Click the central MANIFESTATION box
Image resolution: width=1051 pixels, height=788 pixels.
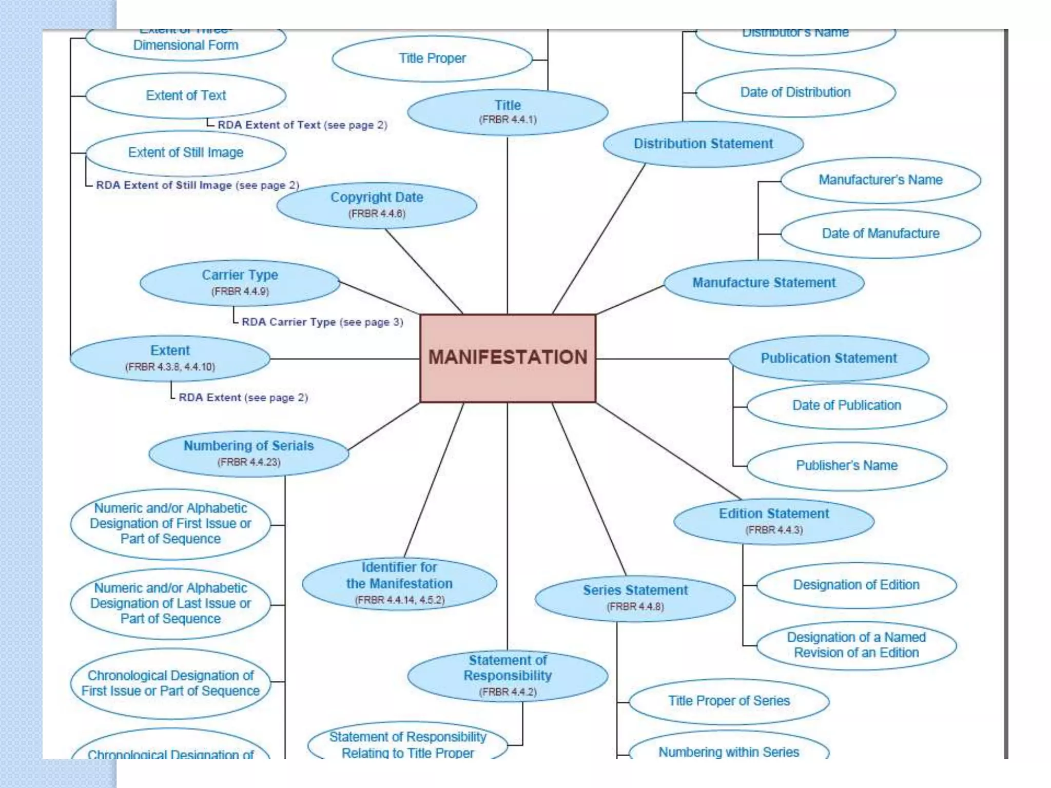click(508, 358)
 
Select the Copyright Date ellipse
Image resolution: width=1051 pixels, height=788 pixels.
click(377, 205)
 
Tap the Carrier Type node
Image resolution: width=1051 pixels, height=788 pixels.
click(240, 283)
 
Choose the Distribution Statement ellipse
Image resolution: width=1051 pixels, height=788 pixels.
click(703, 144)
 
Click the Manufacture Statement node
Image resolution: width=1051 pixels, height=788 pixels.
click(764, 283)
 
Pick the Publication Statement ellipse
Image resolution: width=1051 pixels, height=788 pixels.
click(829, 358)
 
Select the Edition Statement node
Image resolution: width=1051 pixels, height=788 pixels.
click(773, 521)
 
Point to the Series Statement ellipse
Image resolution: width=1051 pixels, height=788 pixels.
click(635, 598)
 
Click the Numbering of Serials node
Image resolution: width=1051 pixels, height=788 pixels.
click(248, 453)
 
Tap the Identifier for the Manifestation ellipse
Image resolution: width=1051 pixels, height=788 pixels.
click(399, 583)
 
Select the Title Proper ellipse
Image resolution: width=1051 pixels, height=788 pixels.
click(432, 58)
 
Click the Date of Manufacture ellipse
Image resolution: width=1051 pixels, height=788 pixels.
click(881, 233)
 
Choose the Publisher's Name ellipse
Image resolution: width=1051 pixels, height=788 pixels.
click(847, 465)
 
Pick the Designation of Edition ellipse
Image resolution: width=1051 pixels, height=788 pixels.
click(856, 585)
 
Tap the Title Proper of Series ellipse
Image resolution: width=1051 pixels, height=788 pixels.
click(729, 701)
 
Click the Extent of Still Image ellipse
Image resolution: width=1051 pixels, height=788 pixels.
click(186, 153)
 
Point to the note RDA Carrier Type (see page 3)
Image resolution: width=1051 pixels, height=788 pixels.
click(322, 322)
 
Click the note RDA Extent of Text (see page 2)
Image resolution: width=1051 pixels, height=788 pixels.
click(302, 125)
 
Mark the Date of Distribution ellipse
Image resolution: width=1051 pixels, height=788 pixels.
click(795, 92)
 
